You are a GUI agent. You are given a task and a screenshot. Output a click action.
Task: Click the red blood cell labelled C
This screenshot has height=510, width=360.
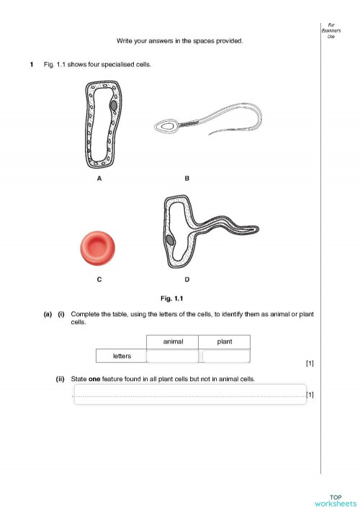[98, 249]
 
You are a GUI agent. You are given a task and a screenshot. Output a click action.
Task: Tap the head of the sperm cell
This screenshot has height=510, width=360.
[168, 125]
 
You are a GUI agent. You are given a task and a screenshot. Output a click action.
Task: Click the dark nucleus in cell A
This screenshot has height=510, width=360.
[114, 105]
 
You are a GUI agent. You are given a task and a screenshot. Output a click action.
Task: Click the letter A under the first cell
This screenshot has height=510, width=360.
[99, 179]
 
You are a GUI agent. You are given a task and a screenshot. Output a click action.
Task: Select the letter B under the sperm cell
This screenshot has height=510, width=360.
[186, 179]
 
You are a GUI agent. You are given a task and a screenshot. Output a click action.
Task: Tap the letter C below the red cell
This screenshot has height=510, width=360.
[98, 279]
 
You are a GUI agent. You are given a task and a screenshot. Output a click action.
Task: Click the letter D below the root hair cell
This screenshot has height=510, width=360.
[186, 279]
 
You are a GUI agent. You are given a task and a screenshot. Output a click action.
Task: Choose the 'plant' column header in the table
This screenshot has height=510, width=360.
[224, 341]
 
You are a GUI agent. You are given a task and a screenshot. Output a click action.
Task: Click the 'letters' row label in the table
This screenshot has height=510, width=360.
[121, 356]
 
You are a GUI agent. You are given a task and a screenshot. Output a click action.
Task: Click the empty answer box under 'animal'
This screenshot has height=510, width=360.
[172, 356]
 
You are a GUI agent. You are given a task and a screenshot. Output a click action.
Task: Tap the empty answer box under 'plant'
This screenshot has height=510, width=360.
[225, 356]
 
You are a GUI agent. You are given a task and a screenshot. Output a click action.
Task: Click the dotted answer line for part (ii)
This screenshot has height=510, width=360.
[189, 395]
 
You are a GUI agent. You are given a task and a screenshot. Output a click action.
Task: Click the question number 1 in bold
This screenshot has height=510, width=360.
[31, 66]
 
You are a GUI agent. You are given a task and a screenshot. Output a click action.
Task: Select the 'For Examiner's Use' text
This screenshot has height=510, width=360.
[330, 30]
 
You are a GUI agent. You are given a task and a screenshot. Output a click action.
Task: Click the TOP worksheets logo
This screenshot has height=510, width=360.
[335, 500]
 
